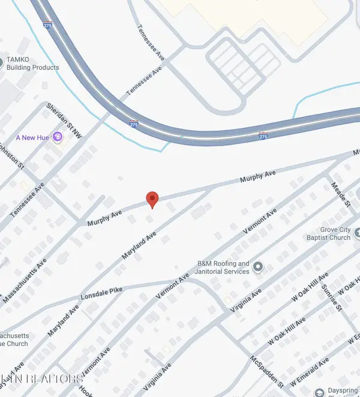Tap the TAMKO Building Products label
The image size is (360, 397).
[33, 64]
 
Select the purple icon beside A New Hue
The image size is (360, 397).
[58, 137]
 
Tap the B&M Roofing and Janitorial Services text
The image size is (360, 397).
[223, 267]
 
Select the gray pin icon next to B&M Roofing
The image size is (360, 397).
[258, 266]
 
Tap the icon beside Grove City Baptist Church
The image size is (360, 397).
[357, 233]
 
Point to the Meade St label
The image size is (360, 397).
[340, 194]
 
